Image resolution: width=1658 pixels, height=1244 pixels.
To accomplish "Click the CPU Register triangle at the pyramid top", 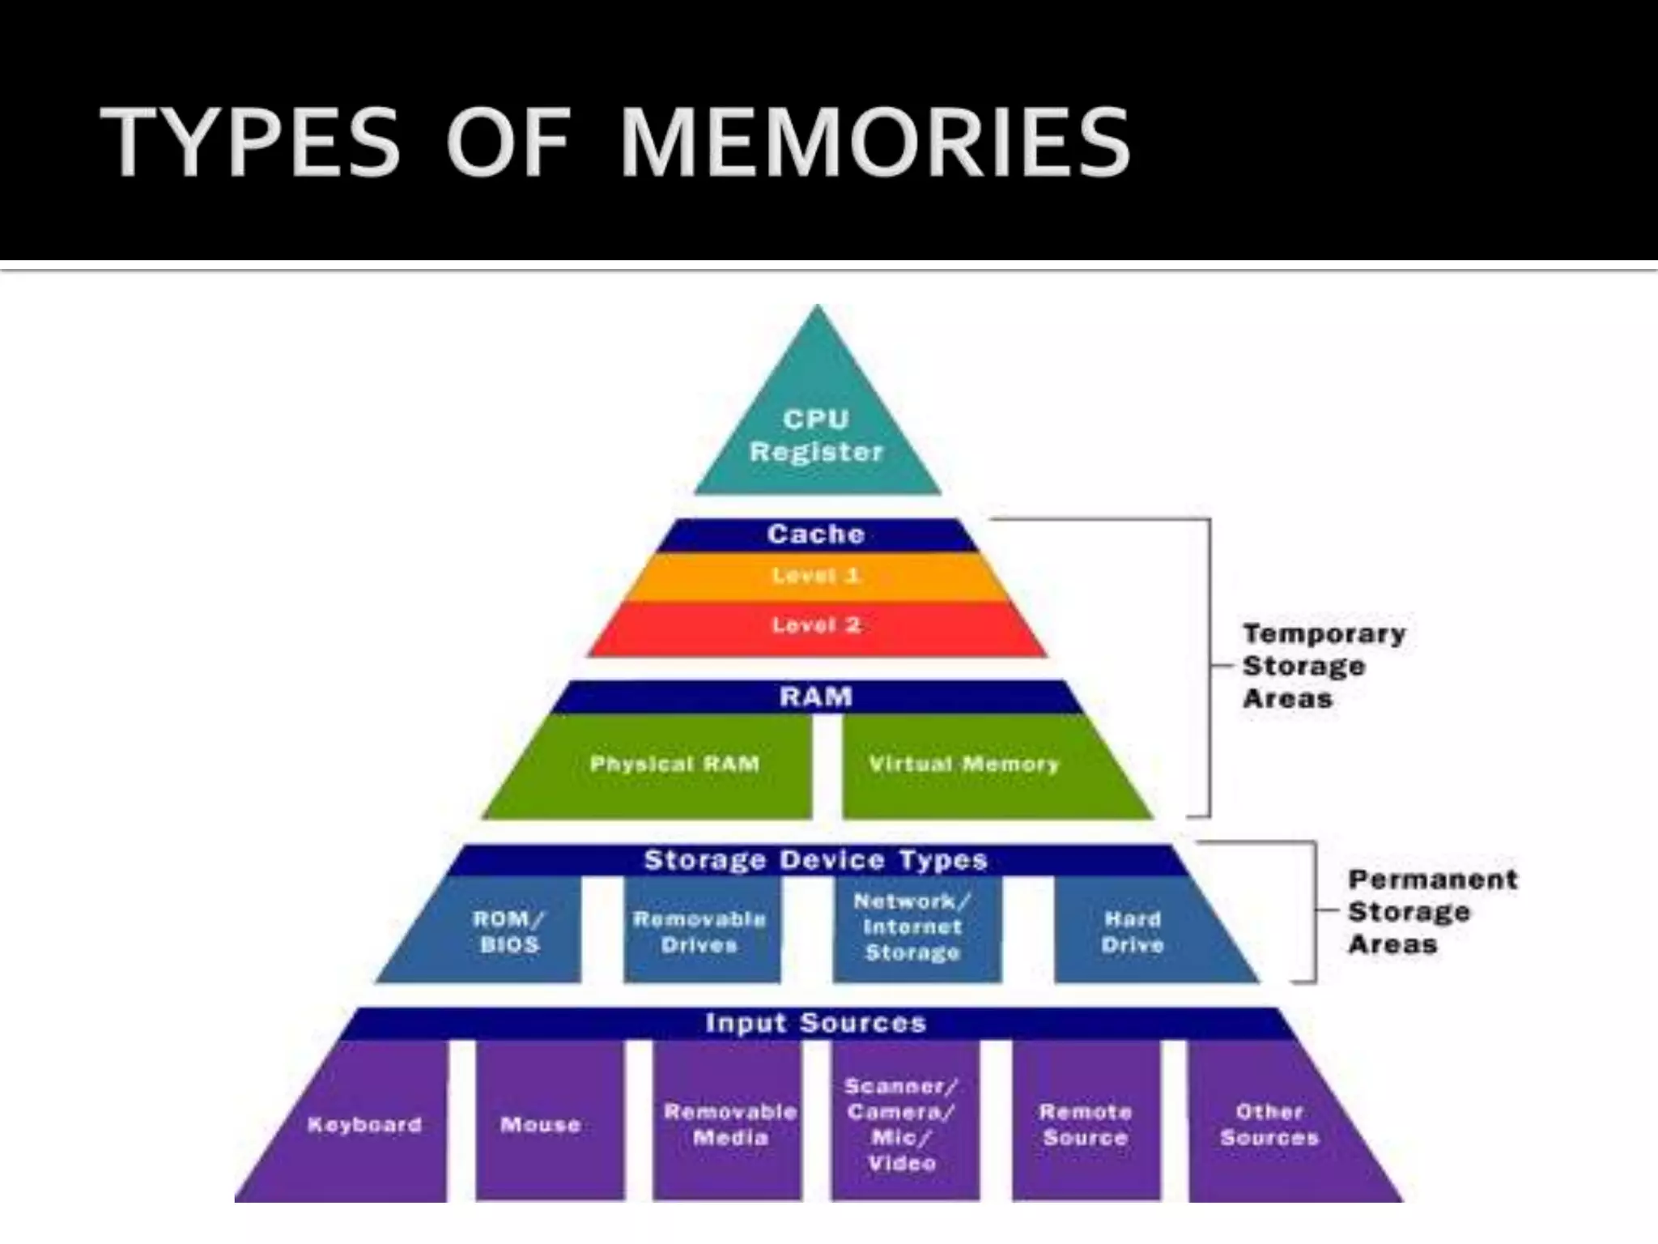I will [816, 436].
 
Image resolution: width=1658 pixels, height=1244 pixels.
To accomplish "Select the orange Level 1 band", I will [816, 577].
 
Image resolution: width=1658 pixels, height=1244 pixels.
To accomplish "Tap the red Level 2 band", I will [816, 625].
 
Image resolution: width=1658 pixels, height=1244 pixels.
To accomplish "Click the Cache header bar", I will [816, 535].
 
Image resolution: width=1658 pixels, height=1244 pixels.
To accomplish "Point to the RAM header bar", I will [816, 697].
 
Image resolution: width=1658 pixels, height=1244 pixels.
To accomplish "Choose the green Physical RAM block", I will [674, 765].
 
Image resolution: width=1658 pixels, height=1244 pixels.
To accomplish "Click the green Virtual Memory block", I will [963, 765].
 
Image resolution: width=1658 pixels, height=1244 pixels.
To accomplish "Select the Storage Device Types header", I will [816, 860].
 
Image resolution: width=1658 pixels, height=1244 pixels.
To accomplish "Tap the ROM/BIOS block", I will [508, 931].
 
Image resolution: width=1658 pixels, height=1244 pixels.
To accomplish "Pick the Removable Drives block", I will [699, 931].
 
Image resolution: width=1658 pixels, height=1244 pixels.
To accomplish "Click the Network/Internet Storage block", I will [913, 927].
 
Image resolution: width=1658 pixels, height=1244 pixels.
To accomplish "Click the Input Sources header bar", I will [816, 1023].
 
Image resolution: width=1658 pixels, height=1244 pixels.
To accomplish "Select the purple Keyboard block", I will [364, 1125].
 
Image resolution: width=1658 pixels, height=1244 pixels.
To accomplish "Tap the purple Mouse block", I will [541, 1125].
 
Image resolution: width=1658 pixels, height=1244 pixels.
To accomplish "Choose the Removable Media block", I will [730, 1125].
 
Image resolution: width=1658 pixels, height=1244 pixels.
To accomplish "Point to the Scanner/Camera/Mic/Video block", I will [902, 1125].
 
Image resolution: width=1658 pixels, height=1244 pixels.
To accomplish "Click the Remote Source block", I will [1085, 1125].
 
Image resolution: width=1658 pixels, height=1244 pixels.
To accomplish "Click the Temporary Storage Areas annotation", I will [1323, 666].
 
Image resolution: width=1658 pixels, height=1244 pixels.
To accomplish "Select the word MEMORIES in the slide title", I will [874, 143].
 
